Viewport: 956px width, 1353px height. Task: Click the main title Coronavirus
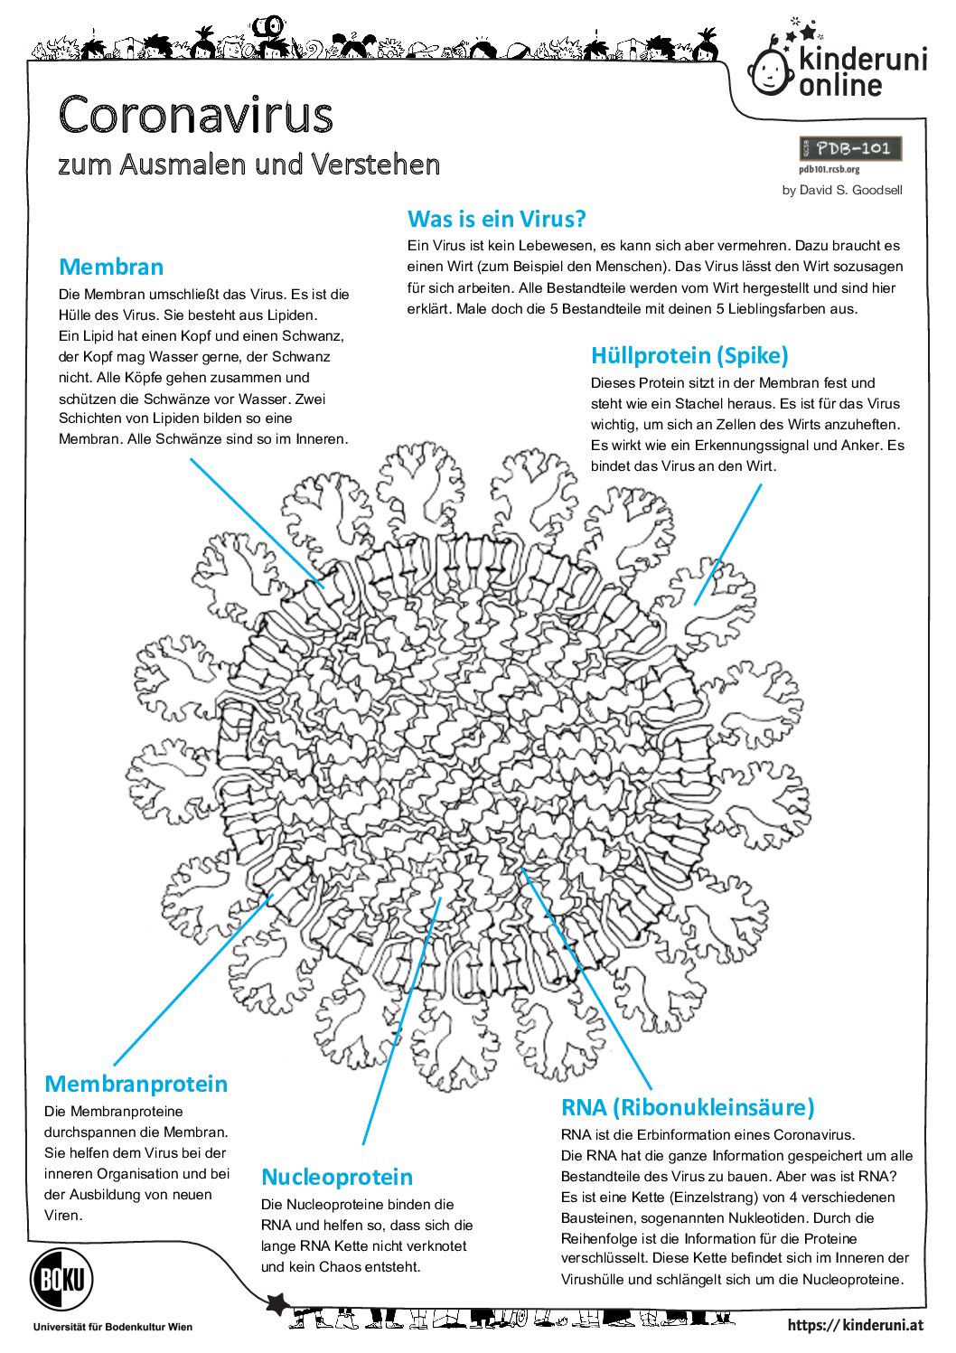pos(196,116)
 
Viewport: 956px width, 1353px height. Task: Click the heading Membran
pos(111,268)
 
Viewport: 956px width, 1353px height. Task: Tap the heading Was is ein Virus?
pos(496,219)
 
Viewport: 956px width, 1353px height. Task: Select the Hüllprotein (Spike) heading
pos(689,355)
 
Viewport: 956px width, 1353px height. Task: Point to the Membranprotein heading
pos(136,1084)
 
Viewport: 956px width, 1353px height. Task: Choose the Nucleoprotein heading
pos(337,1177)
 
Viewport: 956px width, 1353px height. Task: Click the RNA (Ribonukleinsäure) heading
pos(688,1107)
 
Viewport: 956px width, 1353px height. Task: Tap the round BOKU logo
pos(61,1279)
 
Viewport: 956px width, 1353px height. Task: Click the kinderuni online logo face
pos(771,70)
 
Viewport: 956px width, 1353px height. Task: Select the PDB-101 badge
pos(850,148)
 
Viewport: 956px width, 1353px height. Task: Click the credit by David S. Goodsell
pos(842,190)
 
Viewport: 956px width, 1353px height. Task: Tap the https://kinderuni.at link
pos(855,1325)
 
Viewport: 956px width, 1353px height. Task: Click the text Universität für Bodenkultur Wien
pos(112,1327)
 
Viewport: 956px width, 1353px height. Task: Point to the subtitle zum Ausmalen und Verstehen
pos(248,164)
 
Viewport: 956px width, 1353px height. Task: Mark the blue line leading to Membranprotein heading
pos(192,981)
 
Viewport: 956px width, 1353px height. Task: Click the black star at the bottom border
pos(277,1303)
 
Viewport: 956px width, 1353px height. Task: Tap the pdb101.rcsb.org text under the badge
pos(829,169)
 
